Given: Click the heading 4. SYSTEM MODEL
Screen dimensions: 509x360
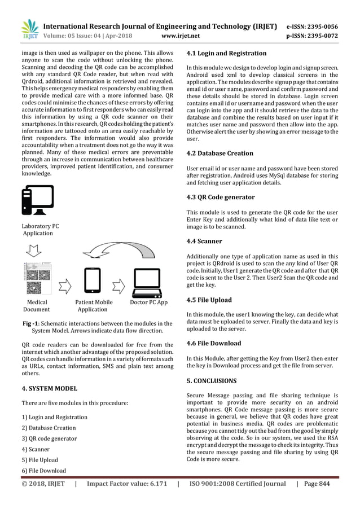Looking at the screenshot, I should pyautogui.click(x=49, y=388).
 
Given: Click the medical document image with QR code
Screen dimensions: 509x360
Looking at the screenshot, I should pyautogui.click(x=37, y=280).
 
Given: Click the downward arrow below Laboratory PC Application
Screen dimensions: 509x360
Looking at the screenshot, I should pyautogui.click(x=34, y=248).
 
